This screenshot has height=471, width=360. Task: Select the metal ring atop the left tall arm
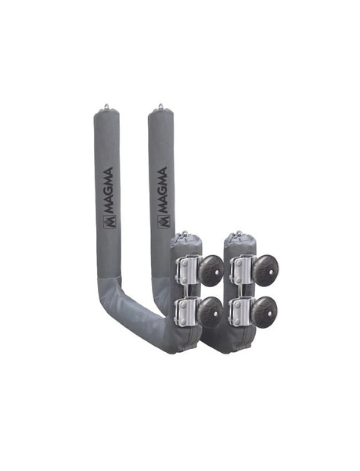[106, 106]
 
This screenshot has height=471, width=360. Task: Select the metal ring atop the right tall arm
[160, 106]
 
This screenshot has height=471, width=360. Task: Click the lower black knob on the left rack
[209, 311]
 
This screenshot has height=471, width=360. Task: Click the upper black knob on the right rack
[262, 271]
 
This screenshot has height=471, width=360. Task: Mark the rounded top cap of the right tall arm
[160, 116]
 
